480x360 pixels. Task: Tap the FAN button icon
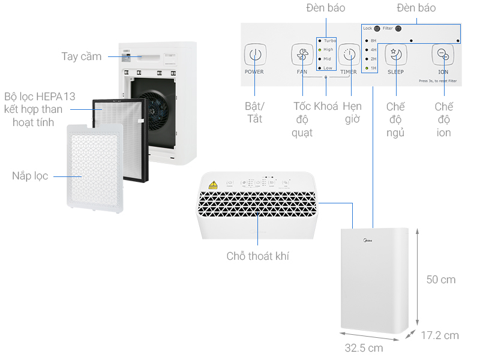click(x=302, y=55)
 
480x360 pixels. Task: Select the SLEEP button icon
click(x=395, y=55)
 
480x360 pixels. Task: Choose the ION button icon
click(x=443, y=55)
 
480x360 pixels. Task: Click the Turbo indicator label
click(x=329, y=40)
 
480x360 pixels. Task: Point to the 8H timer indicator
click(x=373, y=40)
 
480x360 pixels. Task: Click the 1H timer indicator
click(x=373, y=68)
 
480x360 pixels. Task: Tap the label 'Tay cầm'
click(x=81, y=56)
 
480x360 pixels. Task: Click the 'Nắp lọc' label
click(x=29, y=176)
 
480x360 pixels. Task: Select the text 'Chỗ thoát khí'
click(x=258, y=256)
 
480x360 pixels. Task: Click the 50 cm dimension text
click(x=440, y=280)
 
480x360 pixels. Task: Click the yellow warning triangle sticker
click(x=212, y=184)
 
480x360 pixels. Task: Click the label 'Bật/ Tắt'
click(x=254, y=112)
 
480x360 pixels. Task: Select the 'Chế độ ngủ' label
click(x=395, y=119)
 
